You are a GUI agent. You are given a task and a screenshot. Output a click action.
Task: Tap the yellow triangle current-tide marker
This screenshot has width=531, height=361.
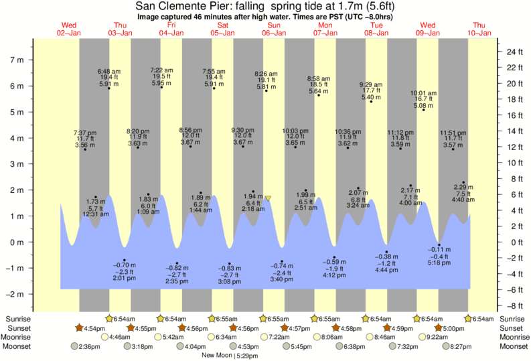pos(268,198)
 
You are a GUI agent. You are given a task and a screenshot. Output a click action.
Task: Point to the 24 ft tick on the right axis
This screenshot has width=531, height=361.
pos(514,52)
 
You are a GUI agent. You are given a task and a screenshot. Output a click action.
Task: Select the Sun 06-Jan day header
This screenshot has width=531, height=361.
pos(274,29)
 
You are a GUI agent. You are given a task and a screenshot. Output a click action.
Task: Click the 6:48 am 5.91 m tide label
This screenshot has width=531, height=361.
pos(108,78)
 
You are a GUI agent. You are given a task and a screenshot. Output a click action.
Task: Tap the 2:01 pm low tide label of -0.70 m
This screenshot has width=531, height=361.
pos(125,271)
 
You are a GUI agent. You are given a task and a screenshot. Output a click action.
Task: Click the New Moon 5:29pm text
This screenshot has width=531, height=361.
pos(233,356)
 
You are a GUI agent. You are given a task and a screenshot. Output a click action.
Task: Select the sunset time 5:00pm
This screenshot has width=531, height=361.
pos(457,328)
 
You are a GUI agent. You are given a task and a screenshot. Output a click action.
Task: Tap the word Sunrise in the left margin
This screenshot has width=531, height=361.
pos(18,319)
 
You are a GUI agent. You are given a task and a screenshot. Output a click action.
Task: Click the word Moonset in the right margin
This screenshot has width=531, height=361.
pos(512,346)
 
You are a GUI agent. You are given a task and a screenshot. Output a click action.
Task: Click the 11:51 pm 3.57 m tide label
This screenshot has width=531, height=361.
pos(453,139)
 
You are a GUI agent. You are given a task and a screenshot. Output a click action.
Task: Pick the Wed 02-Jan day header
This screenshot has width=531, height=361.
pos(70,29)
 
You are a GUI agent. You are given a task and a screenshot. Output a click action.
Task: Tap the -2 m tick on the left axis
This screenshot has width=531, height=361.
pos(14,294)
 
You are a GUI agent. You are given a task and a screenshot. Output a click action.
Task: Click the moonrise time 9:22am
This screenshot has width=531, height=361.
pos(437,337)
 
